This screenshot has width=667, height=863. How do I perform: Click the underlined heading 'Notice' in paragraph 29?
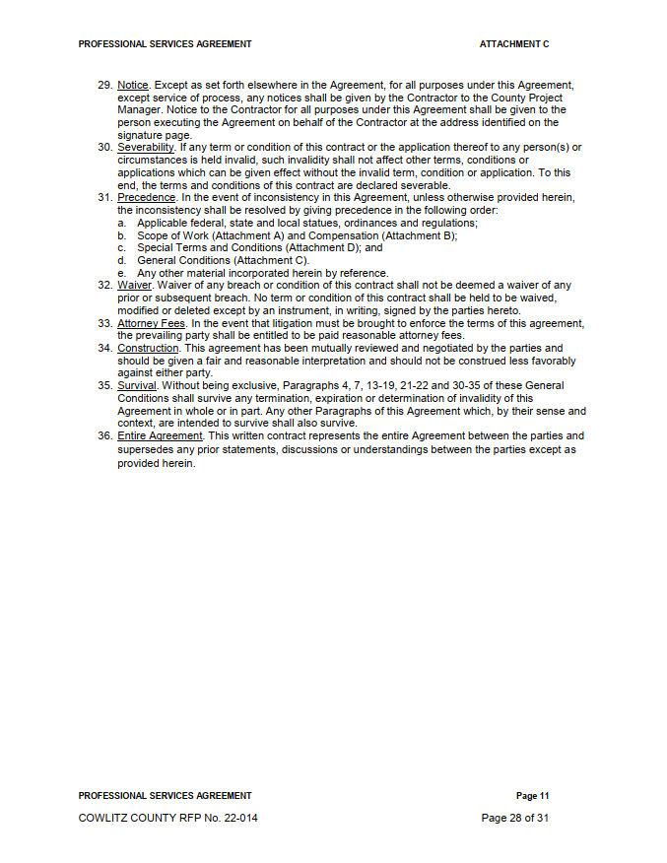[133, 86]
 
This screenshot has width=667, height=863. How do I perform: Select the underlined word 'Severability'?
[146, 148]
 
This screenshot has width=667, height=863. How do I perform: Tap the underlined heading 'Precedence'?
[146, 198]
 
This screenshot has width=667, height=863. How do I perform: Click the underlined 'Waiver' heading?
[135, 286]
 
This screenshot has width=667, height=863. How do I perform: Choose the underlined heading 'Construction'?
[148, 349]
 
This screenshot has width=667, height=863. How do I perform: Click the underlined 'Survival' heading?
[137, 386]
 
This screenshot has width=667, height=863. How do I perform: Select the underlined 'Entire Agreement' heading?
[160, 436]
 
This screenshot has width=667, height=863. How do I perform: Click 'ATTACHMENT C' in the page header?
[514, 44]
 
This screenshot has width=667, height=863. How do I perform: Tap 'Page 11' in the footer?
[532, 796]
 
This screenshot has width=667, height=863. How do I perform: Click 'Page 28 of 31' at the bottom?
[514, 818]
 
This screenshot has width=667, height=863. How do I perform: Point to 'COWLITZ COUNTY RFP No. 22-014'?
[168, 818]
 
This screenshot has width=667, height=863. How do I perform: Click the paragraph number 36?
[104, 436]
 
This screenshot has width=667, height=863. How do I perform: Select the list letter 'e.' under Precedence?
[121, 274]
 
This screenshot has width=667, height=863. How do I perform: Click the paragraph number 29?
[104, 86]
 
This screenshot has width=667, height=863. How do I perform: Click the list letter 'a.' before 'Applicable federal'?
[121, 224]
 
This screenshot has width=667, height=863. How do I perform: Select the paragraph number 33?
[104, 323]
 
